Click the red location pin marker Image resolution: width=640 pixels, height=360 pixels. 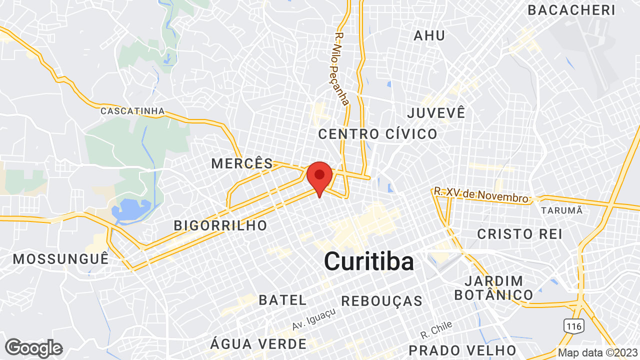(319, 177)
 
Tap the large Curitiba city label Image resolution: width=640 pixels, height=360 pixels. (369, 261)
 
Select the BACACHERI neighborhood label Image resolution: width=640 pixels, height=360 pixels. (571, 10)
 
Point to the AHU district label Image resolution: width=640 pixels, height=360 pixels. (429, 35)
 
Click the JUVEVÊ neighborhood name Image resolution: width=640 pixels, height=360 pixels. (436, 112)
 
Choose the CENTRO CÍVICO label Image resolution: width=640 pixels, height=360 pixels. (377, 134)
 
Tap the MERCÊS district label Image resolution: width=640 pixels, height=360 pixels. (242, 163)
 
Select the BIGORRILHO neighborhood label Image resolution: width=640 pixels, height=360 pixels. (220, 225)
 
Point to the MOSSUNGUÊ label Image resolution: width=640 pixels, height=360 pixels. (60, 259)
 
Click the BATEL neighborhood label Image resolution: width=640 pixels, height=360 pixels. (282, 300)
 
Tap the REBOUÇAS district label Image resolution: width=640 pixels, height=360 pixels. (382, 301)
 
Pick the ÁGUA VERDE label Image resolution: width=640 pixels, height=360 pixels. (258, 344)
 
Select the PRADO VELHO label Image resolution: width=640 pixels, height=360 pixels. (462, 350)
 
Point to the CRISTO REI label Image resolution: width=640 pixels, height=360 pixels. (519, 234)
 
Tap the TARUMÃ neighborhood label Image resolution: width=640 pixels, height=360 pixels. (561, 210)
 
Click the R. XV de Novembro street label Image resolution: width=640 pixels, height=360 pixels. (481, 195)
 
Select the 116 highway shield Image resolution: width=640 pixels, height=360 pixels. (574, 326)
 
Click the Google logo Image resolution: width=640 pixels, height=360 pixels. (33, 348)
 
